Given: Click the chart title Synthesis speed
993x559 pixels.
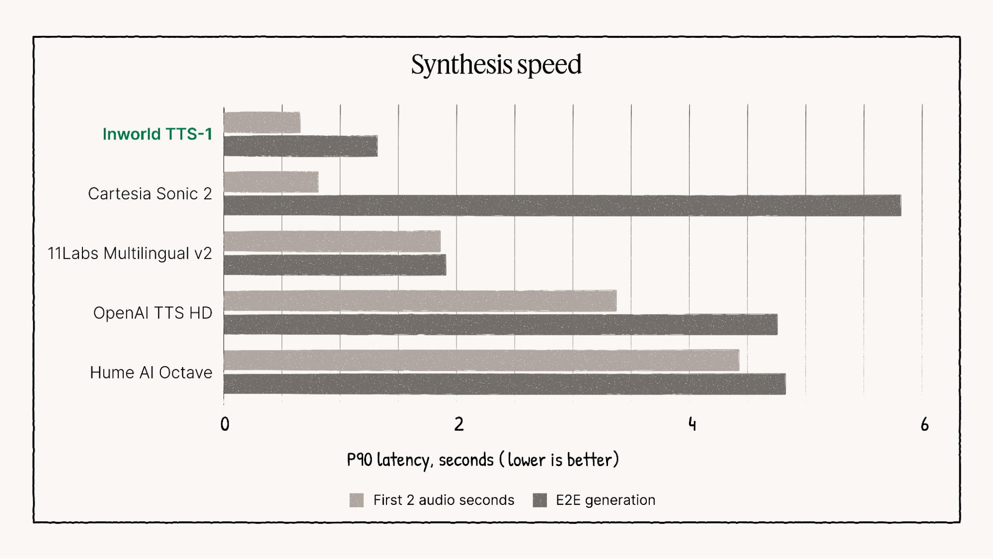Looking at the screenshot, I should pos(496,65).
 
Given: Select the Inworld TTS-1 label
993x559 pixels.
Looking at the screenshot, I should pos(157,134).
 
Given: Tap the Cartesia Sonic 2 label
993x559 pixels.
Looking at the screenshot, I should pos(150,194).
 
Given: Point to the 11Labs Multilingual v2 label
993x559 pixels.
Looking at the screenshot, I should pos(130,253).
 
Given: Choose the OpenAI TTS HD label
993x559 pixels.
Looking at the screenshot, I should pos(153,313).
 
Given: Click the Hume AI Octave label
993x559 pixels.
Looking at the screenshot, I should pos(151,373).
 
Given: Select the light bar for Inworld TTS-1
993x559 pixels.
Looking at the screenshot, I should pos(262,123).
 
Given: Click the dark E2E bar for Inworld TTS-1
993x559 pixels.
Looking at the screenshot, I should pos(301,146).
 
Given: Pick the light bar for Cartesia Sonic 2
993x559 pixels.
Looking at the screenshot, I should pos(271,182).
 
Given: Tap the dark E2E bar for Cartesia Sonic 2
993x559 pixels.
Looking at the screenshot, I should pos(562,206).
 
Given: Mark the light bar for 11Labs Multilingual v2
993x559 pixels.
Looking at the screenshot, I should pos(332,241).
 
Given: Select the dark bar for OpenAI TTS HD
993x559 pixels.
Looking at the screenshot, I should pos(500,324).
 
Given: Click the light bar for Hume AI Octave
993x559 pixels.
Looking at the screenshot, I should pos(481,360).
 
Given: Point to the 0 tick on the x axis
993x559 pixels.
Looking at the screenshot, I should pos(225,424).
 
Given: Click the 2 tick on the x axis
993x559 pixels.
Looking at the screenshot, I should pos(458,424).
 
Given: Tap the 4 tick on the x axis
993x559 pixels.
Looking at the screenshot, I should pos(692,424).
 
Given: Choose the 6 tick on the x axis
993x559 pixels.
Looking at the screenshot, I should pos(924,424).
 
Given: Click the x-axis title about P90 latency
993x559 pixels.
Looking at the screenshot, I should pos(482,460).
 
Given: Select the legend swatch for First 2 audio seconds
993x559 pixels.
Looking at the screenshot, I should pos(357,500).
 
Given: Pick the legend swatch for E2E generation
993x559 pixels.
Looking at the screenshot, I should pos(539,500).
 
